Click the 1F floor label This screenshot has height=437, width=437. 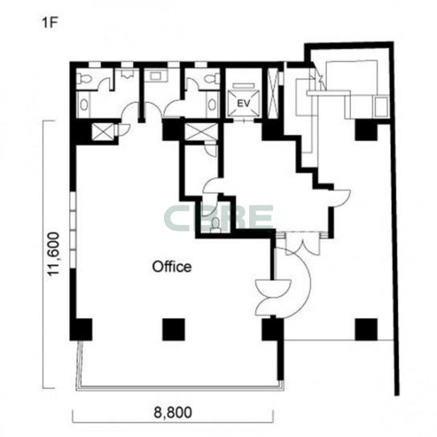(50, 22)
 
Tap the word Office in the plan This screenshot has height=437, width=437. (172, 267)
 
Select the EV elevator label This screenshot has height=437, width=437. (243, 104)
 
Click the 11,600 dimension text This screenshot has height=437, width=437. (54, 254)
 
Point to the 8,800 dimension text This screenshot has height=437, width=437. (173, 412)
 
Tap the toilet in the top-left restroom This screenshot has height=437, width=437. (84, 79)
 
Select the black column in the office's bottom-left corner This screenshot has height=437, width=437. (81, 329)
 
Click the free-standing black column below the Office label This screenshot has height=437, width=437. (174, 329)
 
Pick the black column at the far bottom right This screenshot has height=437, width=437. (366, 329)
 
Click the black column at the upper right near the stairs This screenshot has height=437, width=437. (366, 130)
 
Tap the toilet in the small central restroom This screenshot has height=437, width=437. (215, 225)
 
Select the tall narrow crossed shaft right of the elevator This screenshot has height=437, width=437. (272, 93)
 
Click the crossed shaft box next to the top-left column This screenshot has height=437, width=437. (103, 132)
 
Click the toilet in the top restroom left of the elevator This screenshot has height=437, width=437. (211, 79)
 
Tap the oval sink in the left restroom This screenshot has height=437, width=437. (84, 105)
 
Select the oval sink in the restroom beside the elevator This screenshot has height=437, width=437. (212, 104)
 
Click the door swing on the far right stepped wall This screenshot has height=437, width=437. (339, 198)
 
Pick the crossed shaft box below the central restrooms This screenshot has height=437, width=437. (201, 132)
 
